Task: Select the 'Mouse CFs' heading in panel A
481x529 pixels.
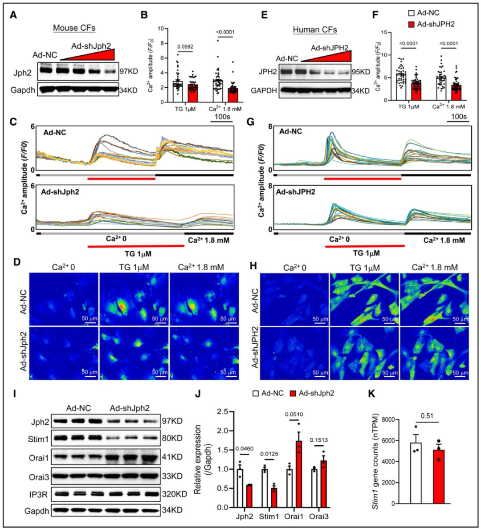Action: click(74, 28)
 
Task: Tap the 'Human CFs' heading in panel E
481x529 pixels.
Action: click(314, 30)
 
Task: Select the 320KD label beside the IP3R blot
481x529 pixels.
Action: click(174, 494)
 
